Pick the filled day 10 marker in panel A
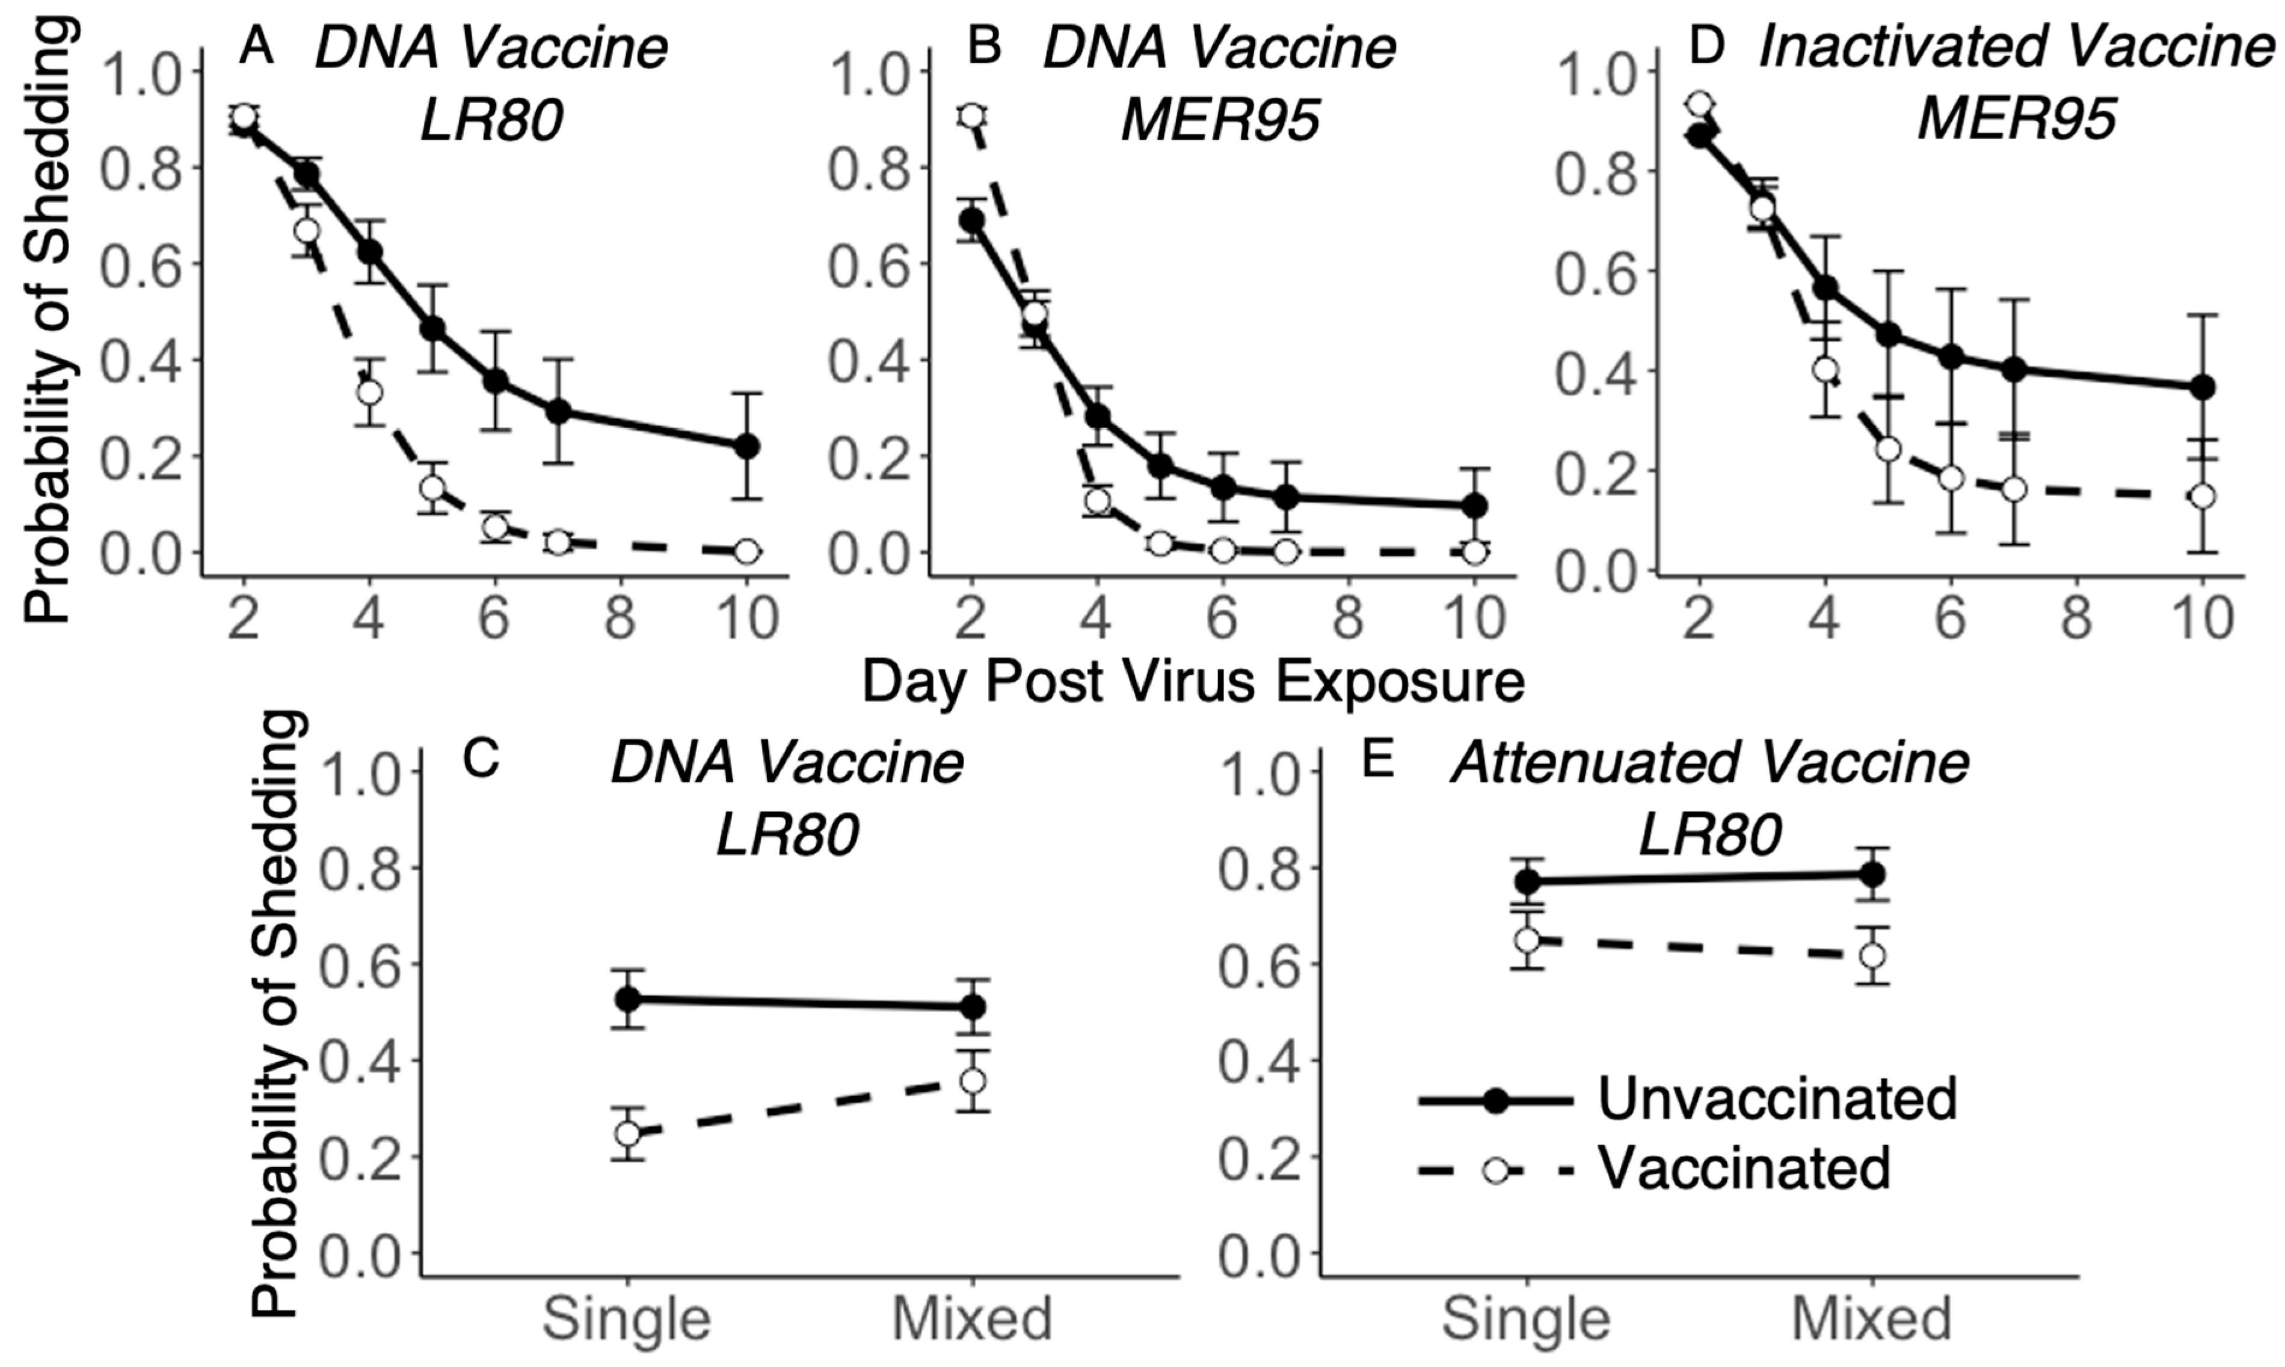[746, 447]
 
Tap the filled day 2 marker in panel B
[971, 220]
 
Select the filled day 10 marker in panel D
[2202, 387]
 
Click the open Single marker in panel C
[627, 1133]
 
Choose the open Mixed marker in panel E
[1872, 955]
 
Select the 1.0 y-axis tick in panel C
[353, 771]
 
